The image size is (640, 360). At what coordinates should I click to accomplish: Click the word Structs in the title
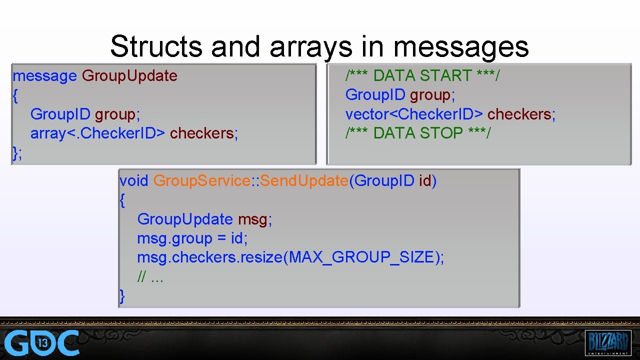(x=156, y=46)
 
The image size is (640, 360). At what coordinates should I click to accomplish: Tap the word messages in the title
(x=460, y=46)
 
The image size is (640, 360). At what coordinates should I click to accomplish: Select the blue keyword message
(x=44, y=76)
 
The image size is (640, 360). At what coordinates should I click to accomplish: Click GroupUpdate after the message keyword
(x=129, y=76)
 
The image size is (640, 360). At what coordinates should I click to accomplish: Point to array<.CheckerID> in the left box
(x=97, y=133)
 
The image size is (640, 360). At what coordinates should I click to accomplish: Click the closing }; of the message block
(x=17, y=153)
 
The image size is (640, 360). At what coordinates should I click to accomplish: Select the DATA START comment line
(x=422, y=76)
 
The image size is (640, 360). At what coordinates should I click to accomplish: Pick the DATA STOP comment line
(x=418, y=133)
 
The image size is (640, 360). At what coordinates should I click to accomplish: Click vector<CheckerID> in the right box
(x=414, y=114)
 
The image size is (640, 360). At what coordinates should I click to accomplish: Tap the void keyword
(x=133, y=181)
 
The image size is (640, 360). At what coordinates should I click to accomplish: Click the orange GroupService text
(x=201, y=181)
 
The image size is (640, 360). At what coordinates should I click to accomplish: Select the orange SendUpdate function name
(x=304, y=181)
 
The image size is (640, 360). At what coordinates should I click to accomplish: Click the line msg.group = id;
(x=192, y=238)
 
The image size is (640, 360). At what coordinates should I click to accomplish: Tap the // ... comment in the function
(x=150, y=276)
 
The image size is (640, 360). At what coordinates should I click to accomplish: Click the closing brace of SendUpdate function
(x=122, y=296)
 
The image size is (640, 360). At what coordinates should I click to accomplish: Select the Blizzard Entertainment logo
(x=608, y=342)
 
